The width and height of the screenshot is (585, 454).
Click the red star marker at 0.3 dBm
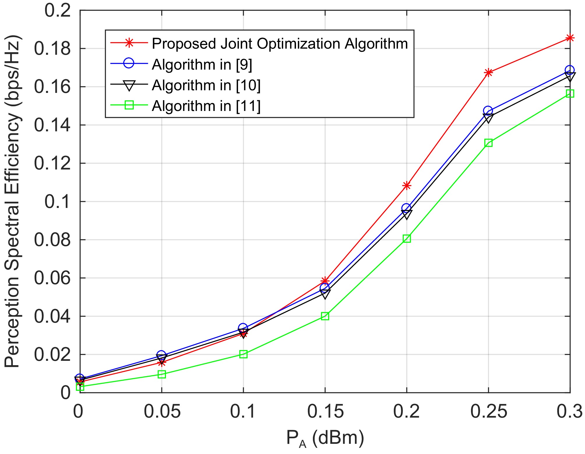coord(570,38)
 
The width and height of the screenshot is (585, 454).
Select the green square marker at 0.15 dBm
coord(325,316)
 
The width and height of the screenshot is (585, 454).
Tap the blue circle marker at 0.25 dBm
coord(488,111)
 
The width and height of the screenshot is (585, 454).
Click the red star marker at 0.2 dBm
coord(407,186)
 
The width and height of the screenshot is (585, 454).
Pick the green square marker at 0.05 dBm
coord(162,374)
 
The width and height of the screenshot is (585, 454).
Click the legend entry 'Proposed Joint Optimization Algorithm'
coord(280,44)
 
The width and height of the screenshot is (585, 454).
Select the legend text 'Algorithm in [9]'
coord(202,64)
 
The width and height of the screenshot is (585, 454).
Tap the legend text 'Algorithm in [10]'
coord(206,85)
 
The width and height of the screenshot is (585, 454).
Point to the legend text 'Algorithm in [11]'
coord(206,106)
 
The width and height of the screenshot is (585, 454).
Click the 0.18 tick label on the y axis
coord(52,48)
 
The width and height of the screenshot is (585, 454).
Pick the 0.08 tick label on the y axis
coord(52,240)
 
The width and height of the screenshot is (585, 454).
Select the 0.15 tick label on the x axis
coord(325,412)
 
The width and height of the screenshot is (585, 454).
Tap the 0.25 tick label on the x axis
coord(489,412)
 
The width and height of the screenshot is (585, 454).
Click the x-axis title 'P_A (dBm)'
coord(325,438)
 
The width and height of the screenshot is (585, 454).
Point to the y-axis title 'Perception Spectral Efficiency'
coord(12,201)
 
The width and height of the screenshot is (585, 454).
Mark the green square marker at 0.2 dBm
coord(407,239)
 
